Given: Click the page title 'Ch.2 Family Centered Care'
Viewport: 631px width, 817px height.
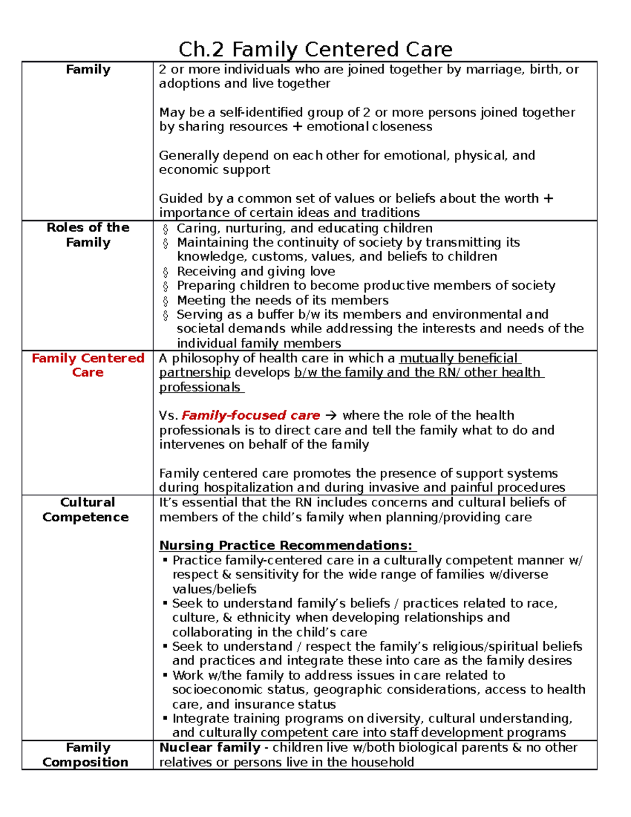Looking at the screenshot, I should [x=315, y=49].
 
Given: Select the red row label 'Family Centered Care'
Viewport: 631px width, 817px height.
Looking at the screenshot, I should [x=88, y=365].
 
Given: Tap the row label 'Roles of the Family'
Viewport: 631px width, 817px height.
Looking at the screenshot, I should [x=88, y=235].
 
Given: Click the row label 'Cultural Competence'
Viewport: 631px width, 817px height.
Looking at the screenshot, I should [x=86, y=509].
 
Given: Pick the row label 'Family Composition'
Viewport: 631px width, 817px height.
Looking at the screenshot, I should [x=86, y=754].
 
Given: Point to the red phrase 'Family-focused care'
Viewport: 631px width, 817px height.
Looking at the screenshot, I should [x=251, y=415].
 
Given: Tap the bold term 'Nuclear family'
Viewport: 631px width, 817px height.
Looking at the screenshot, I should [x=210, y=747].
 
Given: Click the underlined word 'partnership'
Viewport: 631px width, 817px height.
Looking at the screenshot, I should [x=195, y=372].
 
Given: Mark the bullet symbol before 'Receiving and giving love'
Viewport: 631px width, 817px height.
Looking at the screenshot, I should [x=166, y=272].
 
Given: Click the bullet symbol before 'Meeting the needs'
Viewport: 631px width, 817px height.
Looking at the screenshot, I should [x=166, y=301].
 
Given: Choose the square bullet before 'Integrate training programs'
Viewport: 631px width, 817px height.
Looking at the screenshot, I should [x=165, y=718].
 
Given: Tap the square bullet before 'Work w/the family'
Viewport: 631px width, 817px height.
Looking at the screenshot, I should [x=165, y=675].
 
